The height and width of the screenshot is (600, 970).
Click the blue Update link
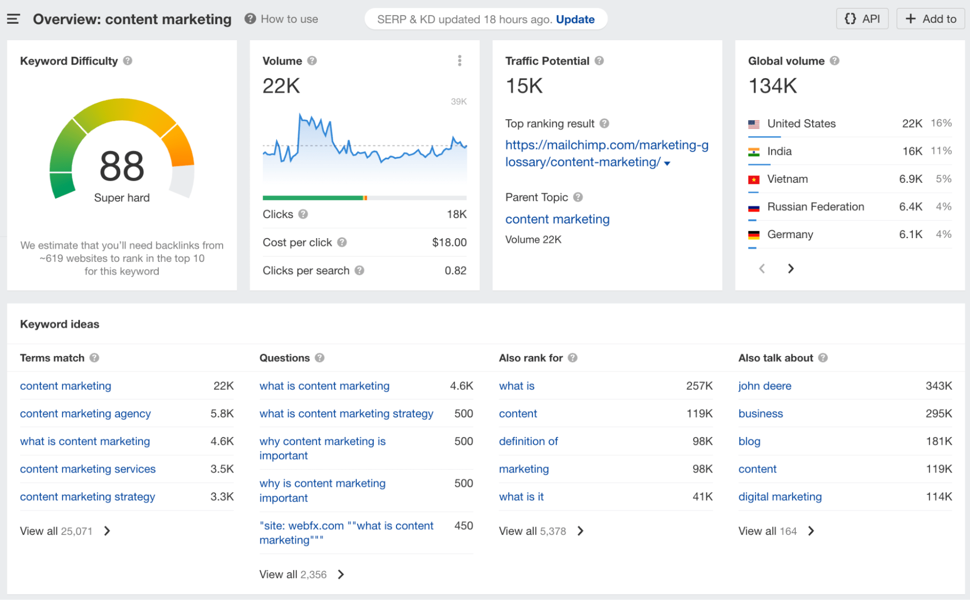point(575,19)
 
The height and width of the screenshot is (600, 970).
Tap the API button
point(862,19)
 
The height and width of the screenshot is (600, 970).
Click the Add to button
point(930,19)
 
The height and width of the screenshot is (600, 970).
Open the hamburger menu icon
point(13,19)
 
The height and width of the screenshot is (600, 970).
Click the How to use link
point(289,19)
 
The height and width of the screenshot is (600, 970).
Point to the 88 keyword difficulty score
point(122,166)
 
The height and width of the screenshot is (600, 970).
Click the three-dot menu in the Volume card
point(460,61)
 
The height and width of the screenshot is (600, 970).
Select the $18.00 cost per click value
point(449,243)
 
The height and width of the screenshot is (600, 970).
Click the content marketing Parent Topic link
point(557,219)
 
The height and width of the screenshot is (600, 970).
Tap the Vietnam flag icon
point(754,179)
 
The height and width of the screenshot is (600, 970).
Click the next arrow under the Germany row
point(791,269)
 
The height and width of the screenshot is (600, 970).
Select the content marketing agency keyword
point(85,414)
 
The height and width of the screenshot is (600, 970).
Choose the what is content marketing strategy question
point(346,414)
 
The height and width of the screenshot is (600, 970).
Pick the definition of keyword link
point(528,441)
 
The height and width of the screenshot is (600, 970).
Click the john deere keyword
point(765,386)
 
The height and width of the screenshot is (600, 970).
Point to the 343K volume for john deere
point(938,386)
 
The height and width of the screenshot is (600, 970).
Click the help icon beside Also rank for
point(573,358)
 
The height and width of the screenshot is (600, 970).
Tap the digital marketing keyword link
point(780,497)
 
